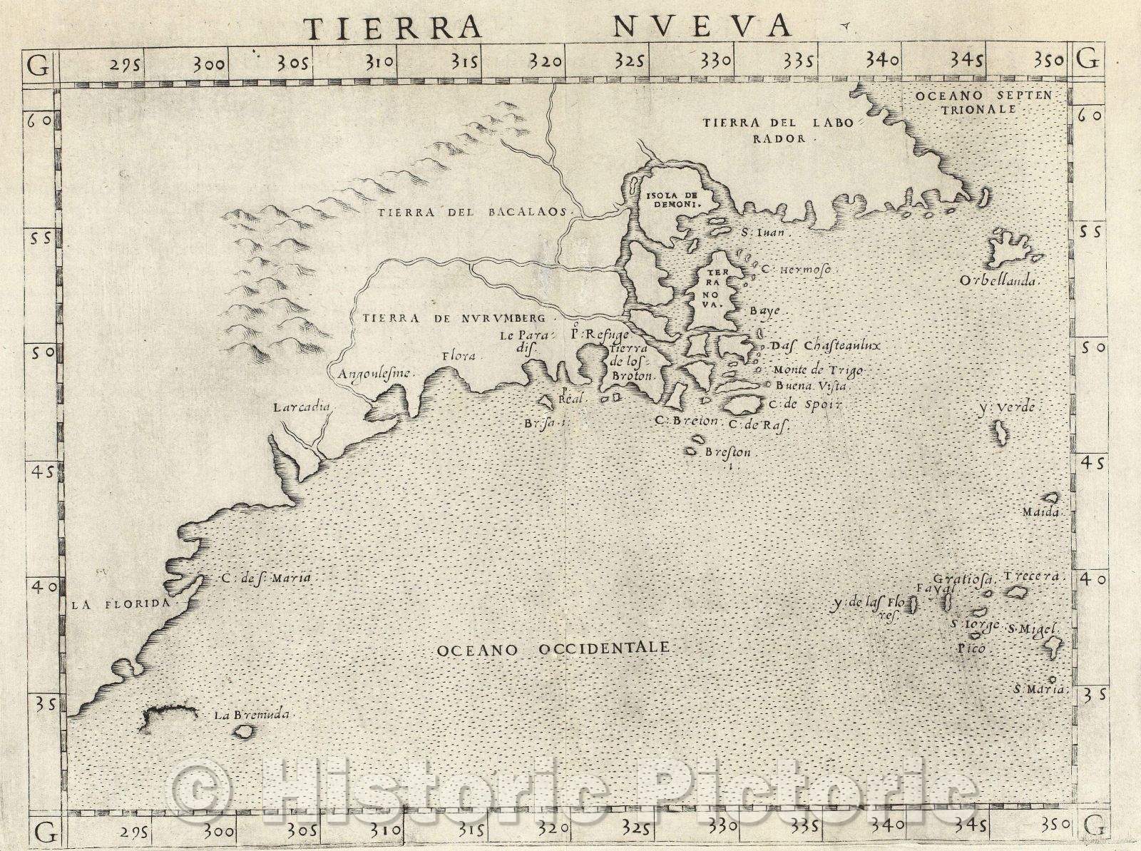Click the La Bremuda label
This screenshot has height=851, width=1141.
pyautogui.click(x=254, y=714)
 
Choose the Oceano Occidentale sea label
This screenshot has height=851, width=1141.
pyautogui.click(x=552, y=648)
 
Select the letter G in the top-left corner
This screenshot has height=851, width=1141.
pyautogui.click(x=37, y=65)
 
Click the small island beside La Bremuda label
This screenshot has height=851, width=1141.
pyautogui.click(x=247, y=731)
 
